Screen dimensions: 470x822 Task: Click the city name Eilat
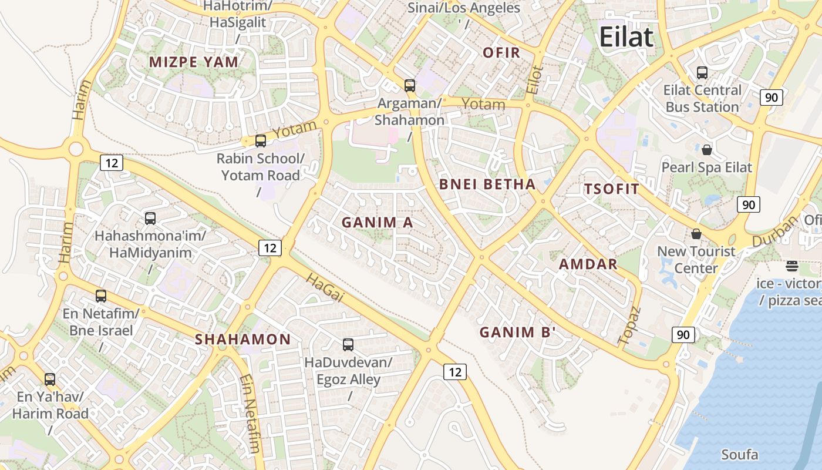[x=626, y=37]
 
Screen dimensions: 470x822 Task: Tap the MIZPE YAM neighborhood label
[x=194, y=62]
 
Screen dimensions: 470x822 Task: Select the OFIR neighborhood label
[x=501, y=53]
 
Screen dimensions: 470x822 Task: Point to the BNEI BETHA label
[x=487, y=184]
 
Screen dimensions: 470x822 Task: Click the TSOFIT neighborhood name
[x=611, y=189]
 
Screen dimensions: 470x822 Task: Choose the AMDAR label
[x=588, y=264]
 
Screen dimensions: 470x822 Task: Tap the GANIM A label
[x=378, y=223]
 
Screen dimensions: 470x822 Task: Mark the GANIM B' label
[x=517, y=333]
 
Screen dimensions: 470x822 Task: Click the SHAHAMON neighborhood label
[x=242, y=340]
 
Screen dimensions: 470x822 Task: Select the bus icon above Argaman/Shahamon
[x=410, y=86]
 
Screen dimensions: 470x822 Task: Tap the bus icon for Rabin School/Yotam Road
[x=260, y=141]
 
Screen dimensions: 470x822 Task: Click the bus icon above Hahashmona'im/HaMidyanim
[x=150, y=219]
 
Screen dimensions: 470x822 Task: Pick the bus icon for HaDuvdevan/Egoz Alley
[x=348, y=345]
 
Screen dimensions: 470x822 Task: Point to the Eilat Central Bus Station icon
[x=702, y=73]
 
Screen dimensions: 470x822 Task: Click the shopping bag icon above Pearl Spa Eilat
[x=706, y=150]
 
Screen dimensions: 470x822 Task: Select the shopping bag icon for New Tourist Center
[x=696, y=234]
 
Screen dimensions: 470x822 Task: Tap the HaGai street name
[x=324, y=288]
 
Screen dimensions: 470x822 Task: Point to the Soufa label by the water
[x=739, y=455]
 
